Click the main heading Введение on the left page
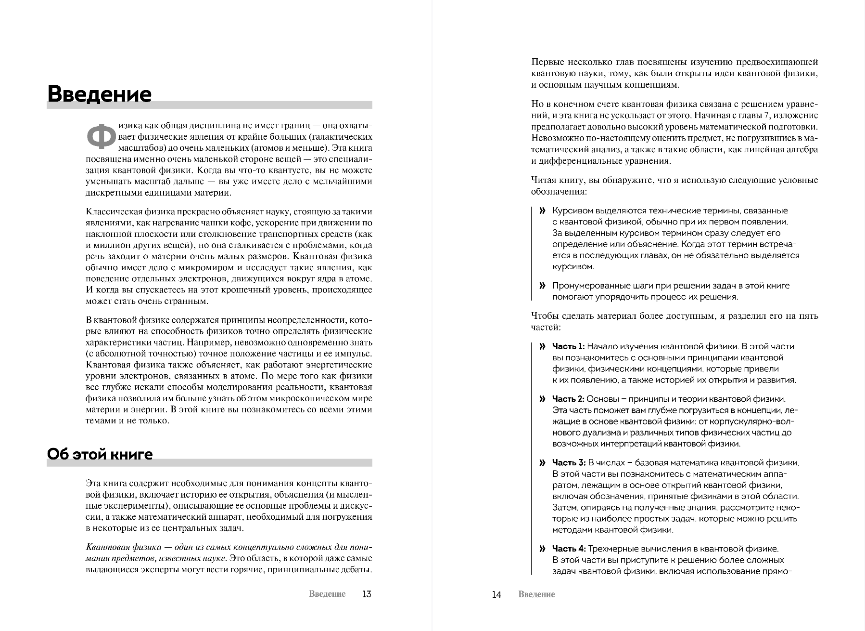(99, 94)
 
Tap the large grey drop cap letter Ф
(101, 136)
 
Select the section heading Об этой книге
(100, 454)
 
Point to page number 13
(367, 594)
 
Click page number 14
(496, 594)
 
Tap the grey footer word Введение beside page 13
(327, 594)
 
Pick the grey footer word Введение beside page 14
(536, 594)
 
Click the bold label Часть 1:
(568, 346)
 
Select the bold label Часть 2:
(568, 399)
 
